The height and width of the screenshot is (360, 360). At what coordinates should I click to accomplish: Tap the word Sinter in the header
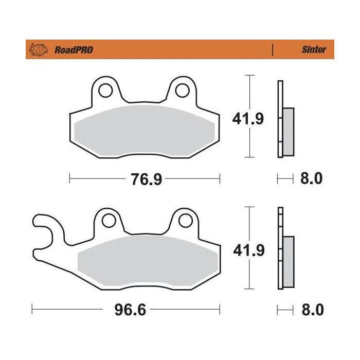314,50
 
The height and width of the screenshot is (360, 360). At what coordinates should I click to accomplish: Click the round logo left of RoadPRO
39,50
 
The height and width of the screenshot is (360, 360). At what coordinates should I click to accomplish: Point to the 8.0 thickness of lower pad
310,310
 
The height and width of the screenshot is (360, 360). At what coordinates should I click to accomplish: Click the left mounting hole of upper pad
106,91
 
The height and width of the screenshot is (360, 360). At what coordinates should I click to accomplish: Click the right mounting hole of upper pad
182,91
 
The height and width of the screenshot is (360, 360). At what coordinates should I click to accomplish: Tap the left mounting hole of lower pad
108,221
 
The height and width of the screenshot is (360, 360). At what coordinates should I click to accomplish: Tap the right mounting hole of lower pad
184,221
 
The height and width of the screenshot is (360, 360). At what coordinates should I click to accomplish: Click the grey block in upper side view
289,132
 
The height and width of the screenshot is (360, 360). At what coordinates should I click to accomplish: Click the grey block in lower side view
289,262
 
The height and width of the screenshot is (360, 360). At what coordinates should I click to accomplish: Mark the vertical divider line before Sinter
272,50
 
